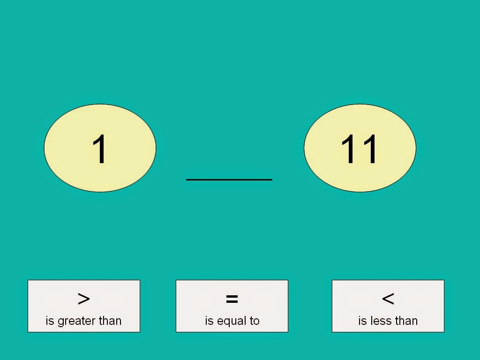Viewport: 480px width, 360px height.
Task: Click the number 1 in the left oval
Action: [x=100, y=149]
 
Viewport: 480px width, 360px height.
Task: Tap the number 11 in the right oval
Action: [x=359, y=149]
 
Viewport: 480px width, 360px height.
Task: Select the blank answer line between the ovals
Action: [x=229, y=180]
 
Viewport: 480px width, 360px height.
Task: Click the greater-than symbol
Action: [x=83, y=299]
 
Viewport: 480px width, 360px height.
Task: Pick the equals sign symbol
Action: [x=232, y=299]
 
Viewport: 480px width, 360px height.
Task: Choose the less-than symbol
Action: [x=388, y=299]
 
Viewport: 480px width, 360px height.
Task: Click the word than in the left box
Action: [x=110, y=321]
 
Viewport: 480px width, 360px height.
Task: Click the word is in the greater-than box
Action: [x=50, y=321]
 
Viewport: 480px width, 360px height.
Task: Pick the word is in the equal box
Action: [x=209, y=321]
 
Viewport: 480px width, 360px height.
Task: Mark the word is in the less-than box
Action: [x=362, y=321]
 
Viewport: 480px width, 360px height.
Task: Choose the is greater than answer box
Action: [x=84, y=306]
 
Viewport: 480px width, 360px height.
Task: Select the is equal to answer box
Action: [x=232, y=306]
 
